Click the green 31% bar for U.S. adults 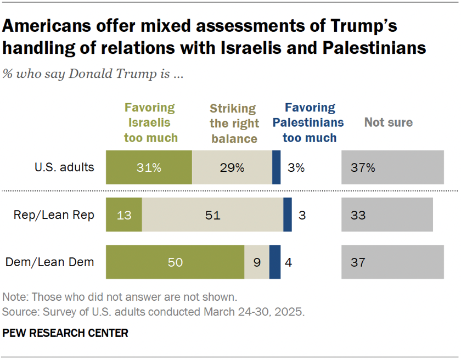tap(149, 167)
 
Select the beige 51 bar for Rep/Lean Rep tap(212, 215)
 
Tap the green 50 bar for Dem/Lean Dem tap(175, 262)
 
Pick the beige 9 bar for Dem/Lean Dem tap(257, 262)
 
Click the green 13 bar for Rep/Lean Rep tap(124, 215)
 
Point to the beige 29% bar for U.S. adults tap(232, 167)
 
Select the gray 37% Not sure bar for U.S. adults tap(392, 167)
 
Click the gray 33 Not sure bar tap(387, 215)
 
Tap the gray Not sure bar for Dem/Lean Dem tap(392, 262)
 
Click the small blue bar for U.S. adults tap(276, 167)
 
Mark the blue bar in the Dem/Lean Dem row tap(275, 262)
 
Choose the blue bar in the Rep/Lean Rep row tap(287, 215)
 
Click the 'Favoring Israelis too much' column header tap(150, 122)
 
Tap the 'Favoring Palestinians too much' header tap(310, 122)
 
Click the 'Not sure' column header tap(388, 122)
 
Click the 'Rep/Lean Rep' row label tap(54, 215)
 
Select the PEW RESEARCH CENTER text tap(65, 333)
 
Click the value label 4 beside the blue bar tap(288, 262)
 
